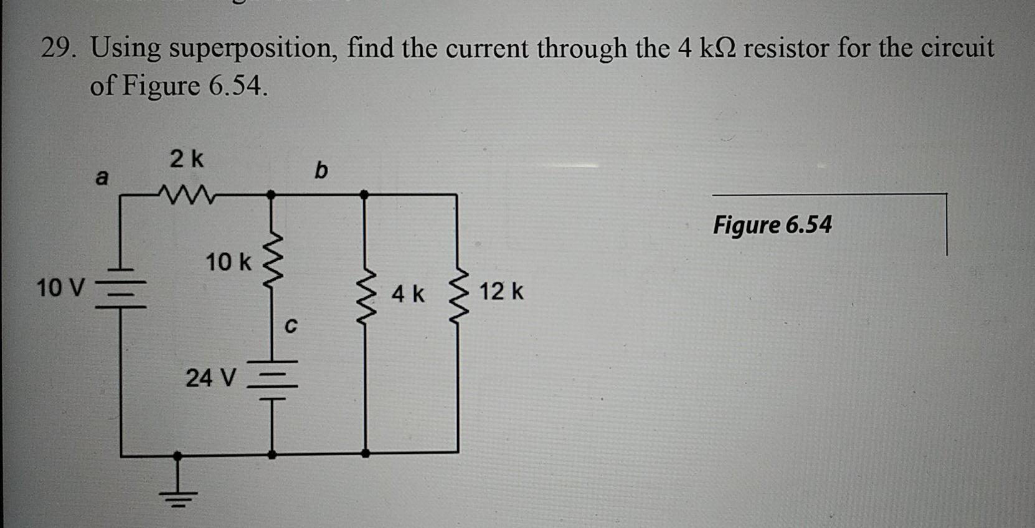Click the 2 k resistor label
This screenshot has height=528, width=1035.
click(x=187, y=160)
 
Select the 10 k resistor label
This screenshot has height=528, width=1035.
click(x=229, y=262)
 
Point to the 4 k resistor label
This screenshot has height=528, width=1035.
click(x=408, y=294)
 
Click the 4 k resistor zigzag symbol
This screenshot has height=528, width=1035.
click(x=366, y=292)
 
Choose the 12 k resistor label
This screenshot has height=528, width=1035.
click(x=501, y=291)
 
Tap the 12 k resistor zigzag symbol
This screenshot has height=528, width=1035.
click(x=459, y=292)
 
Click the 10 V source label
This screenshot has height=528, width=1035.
click(x=60, y=288)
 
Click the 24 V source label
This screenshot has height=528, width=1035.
click(x=211, y=378)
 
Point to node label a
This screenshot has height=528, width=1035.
click(x=102, y=178)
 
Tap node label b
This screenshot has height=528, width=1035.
click(x=320, y=170)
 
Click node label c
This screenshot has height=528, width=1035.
click(x=290, y=325)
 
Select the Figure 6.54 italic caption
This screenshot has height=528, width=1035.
click(x=772, y=224)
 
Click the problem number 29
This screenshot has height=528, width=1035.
click(x=58, y=48)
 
